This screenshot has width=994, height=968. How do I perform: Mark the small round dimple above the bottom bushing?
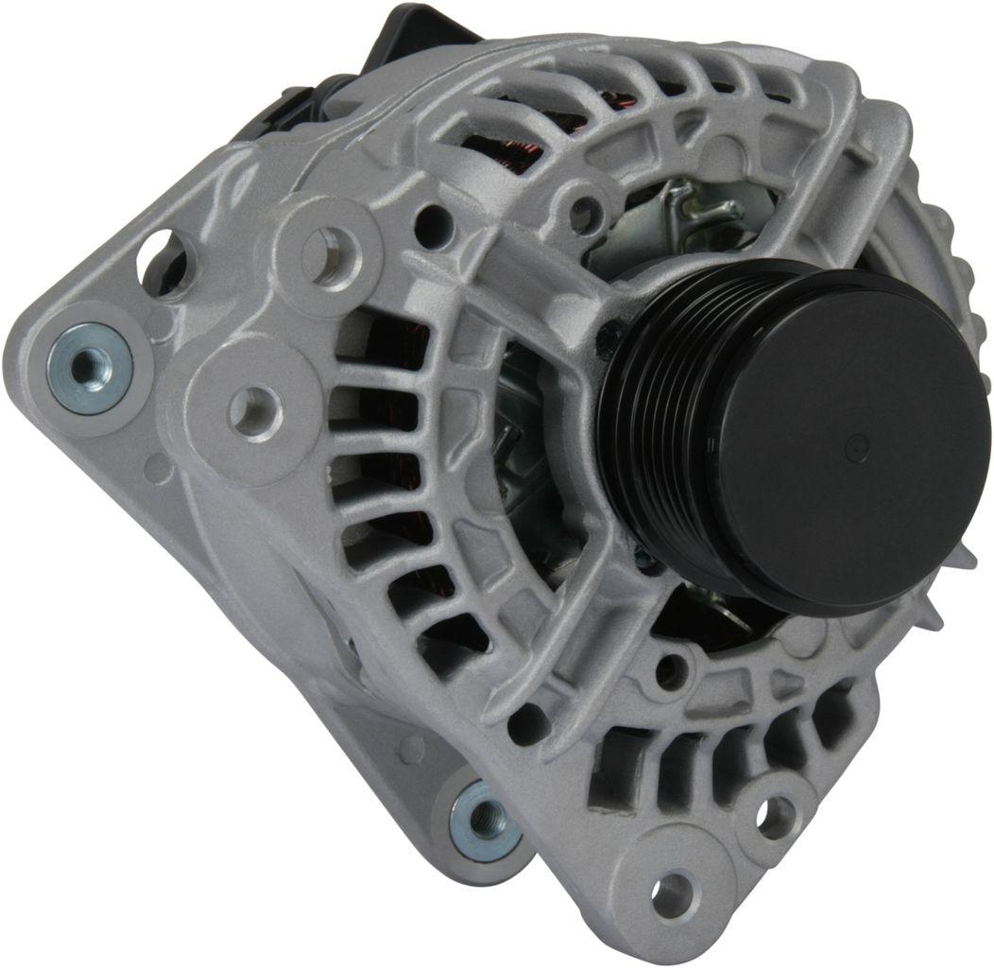point(410,749)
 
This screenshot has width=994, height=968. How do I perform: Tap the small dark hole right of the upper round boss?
point(432,225)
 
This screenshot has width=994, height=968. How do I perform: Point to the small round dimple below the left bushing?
point(161,467)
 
